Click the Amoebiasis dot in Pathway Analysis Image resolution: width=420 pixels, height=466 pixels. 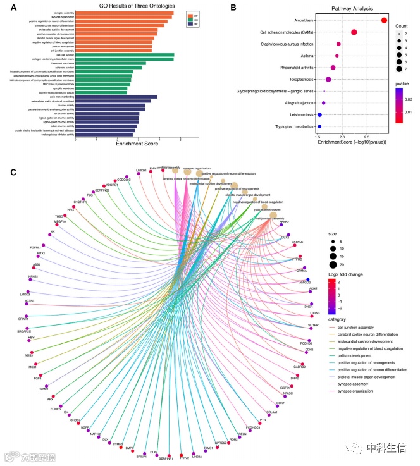[x=385, y=21]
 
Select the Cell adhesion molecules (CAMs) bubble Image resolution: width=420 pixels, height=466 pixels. [x=354, y=32]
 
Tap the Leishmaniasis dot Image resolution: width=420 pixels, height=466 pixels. [x=320, y=114]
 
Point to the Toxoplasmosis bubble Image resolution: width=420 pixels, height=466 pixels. [x=328, y=79]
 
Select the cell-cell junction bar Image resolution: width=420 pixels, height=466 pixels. [x=124, y=55]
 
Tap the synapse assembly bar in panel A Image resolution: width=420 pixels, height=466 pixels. [x=124, y=13]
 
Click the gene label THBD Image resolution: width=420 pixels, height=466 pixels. [x=58, y=216]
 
